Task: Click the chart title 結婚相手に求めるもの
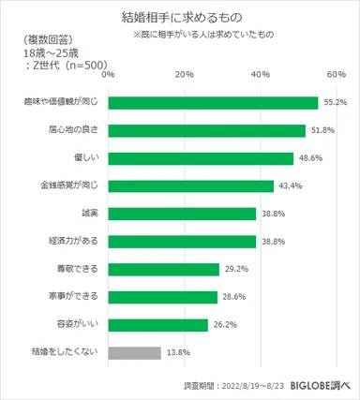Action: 179,17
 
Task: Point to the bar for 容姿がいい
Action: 158,325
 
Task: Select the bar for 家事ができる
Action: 163,298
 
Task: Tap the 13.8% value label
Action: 178,353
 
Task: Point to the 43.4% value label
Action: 290,186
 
